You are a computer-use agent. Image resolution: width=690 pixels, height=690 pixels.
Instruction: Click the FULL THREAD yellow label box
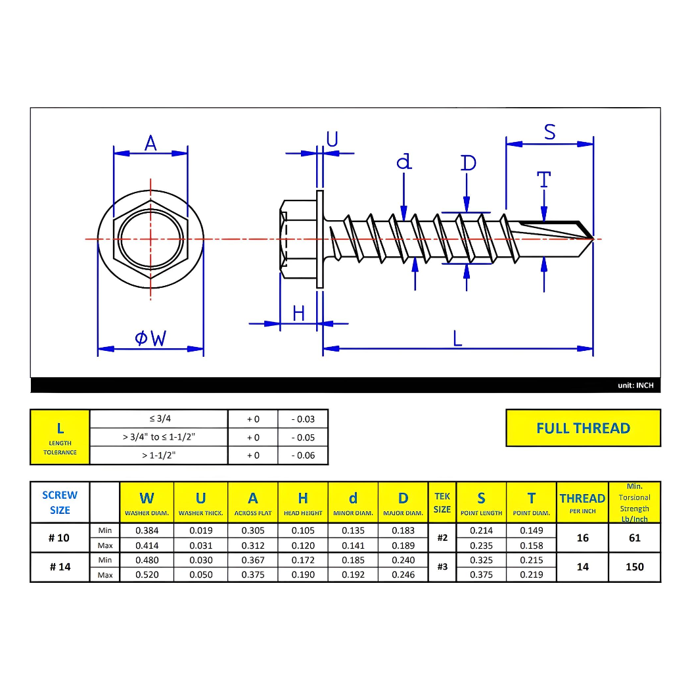(x=583, y=428)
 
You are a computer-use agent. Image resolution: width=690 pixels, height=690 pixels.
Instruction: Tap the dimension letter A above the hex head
(x=150, y=143)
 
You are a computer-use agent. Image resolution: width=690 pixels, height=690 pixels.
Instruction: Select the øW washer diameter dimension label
(x=150, y=338)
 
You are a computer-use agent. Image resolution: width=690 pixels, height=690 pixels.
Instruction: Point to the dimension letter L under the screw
(x=457, y=338)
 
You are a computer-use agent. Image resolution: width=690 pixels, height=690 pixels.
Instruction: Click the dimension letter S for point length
(x=549, y=133)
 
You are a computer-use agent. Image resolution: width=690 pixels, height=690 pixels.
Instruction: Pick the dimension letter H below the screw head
(x=299, y=313)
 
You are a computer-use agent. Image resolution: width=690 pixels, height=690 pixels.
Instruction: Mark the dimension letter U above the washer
(x=332, y=139)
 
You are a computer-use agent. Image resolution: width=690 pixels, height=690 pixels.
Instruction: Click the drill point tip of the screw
(x=592, y=239)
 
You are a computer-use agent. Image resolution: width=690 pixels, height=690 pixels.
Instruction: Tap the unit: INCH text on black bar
(x=635, y=386)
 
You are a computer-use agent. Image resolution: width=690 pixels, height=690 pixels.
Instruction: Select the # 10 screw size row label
(x=59, y=538)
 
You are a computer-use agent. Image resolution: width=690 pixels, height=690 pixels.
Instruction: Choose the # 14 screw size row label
(x=59, y=567)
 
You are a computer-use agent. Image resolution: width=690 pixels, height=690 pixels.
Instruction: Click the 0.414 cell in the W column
(x=147, y=545)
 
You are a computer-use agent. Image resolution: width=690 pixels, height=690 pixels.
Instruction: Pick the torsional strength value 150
(x=634, y=567)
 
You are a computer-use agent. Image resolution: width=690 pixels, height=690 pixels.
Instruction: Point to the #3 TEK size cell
(x=442, y=567)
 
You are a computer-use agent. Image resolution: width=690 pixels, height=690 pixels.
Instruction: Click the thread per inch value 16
(x=582, y=538)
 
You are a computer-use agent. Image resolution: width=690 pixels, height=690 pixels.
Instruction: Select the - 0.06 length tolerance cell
(x=302, y=455)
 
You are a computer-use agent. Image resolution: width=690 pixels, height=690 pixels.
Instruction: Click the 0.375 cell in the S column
(x=481, y=575)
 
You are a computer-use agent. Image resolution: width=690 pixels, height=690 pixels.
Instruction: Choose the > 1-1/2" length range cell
(x=158, y=455)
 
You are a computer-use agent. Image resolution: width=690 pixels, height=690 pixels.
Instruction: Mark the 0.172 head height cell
(x=302, y=561)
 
